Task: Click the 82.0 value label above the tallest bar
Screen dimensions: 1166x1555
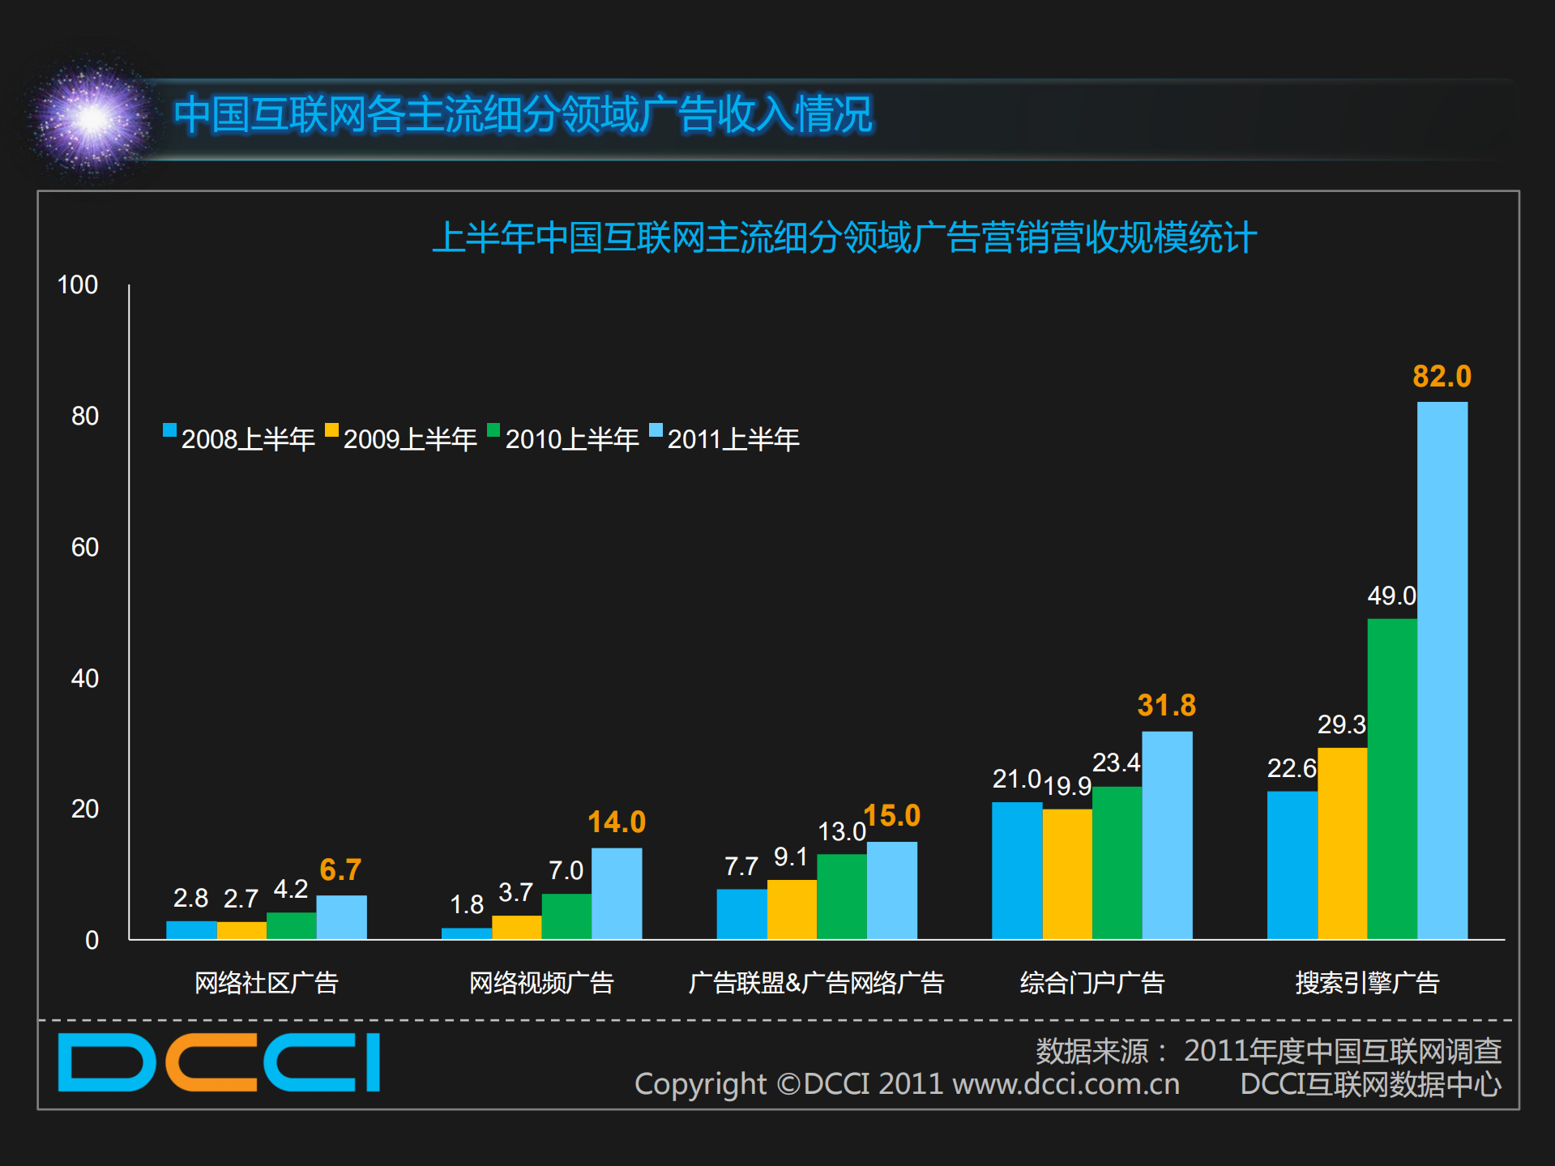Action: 1442,377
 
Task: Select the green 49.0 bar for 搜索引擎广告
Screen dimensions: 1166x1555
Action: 1392,778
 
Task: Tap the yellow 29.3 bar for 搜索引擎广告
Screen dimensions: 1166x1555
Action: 1342,843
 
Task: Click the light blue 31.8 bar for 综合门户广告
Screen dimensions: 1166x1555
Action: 1167,835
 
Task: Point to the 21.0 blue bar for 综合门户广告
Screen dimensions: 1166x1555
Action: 1017,870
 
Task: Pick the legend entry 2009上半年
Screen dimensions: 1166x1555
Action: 401,438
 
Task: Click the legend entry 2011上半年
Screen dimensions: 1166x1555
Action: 725,438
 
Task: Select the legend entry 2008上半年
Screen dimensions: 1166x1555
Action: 239,438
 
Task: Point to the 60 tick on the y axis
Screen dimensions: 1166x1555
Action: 85,548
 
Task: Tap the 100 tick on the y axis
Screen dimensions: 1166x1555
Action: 78,285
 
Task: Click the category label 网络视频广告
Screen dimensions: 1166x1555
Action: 541,983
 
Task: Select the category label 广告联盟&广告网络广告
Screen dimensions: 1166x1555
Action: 816,983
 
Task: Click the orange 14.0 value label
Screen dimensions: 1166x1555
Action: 617,822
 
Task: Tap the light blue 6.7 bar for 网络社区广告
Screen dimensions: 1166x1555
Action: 341,917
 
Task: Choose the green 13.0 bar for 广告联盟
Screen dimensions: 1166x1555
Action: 842,896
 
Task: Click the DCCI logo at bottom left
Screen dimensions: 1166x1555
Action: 219,1062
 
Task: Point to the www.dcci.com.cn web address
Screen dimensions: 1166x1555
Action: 1066,1084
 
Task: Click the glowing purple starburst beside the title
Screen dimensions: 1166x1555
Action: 92,120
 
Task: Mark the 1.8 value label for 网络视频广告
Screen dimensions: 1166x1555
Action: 467,904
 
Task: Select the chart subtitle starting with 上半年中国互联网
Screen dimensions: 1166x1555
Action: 844,238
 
